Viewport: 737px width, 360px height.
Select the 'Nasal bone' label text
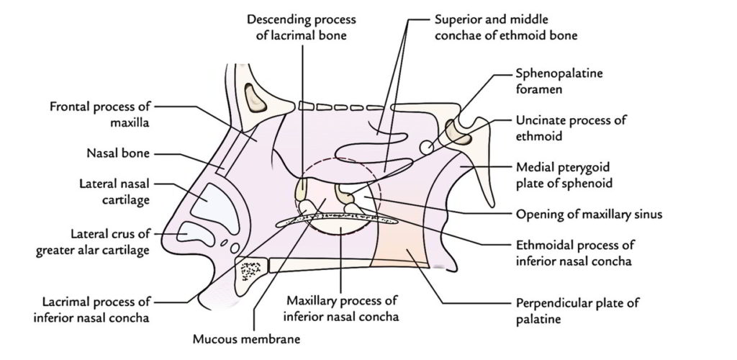point(116,153)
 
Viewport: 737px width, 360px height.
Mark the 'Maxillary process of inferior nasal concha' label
point(341,307)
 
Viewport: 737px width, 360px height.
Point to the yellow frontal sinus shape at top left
point(256,99)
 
